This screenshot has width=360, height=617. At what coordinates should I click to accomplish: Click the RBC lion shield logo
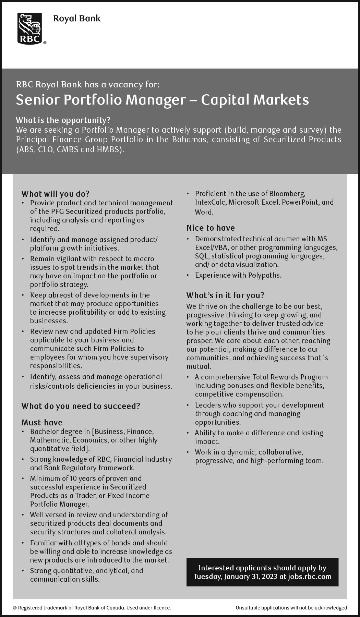(x=30, y=28)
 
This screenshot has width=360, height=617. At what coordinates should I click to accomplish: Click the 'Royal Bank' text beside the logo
(x=77, y=19)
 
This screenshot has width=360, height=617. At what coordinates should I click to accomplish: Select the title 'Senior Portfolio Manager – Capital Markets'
(x=162, y=100)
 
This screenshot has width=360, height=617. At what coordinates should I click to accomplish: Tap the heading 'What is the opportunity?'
(x=63, y=120)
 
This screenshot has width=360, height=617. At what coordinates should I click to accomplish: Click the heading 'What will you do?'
(x=55, y=194)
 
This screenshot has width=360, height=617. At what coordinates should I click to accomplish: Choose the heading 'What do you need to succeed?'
(x=81, y=406)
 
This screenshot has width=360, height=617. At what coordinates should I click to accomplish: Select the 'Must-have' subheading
(x=42, y=422)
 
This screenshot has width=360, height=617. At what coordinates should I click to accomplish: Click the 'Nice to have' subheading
(x=211, y=228)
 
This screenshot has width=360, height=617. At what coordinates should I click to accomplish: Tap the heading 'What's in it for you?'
(x=225, y=295)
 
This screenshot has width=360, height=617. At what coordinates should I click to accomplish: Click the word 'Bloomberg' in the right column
(x=287, y=194)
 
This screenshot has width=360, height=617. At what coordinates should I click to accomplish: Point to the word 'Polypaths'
(x=264, y=275)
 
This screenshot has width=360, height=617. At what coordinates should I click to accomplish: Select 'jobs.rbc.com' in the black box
(x=310, y=576)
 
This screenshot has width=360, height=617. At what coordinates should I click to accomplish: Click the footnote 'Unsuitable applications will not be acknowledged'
(x=291, y=608)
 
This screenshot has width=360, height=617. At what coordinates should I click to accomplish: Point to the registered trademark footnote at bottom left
(x=92, y=608)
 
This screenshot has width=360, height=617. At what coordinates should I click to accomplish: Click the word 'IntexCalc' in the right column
(x=211, y=202)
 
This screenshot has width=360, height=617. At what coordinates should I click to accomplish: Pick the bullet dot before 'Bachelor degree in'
(x=23, y=432)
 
